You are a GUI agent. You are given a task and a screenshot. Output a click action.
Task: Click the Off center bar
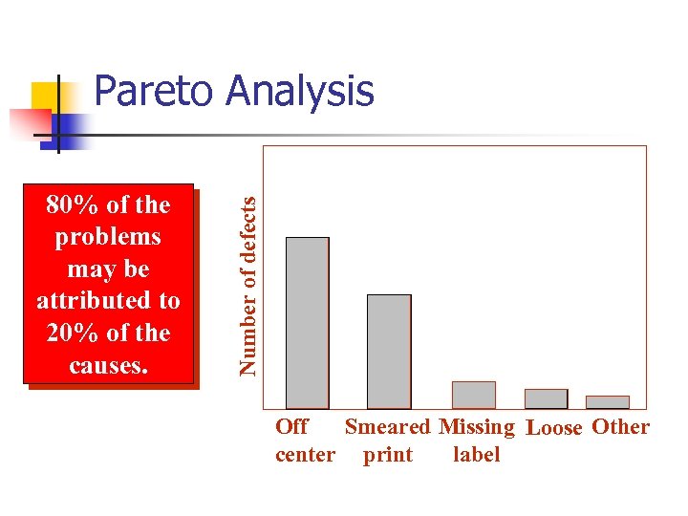coord(308,323)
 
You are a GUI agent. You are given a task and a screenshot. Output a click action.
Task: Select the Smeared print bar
coord(389,352)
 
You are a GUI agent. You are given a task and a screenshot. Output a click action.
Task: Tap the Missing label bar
coord(473,395)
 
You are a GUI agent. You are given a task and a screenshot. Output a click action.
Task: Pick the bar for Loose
coord(546,398)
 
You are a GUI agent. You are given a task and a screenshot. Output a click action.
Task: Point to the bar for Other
coord(608,402)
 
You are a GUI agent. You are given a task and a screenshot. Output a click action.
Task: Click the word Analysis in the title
coord(300,93)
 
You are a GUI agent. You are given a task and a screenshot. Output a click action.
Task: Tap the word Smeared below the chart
coord(387,427)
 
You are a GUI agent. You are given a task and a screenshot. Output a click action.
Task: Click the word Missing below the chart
coord(477,427)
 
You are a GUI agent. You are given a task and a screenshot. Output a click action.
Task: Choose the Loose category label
coord(554,428)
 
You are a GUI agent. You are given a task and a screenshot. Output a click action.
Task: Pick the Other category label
coord(620,426)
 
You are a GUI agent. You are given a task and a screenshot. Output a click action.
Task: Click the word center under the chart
coord(305,455)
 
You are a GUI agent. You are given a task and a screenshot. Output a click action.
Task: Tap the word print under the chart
coord(387,455)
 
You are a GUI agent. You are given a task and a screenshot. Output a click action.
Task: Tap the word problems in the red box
coord(108,236)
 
